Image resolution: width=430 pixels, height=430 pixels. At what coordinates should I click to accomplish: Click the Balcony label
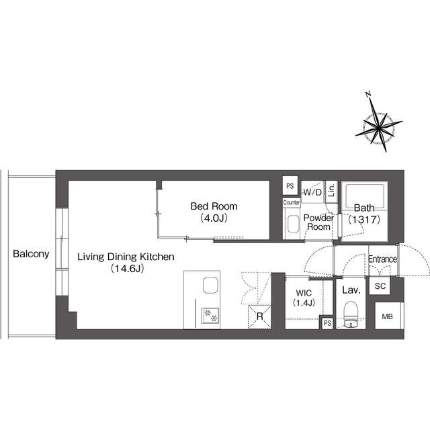click(x=31, y=254)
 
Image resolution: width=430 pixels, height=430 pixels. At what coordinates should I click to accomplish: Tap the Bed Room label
click(x=214, y=206)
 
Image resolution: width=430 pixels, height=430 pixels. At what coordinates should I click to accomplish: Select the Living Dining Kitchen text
click(x=126, y=257)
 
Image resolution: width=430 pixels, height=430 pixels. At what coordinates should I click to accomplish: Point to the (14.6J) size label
click(x=127, y=269)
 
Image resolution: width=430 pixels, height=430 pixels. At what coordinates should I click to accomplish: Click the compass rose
click(x=379, y=128)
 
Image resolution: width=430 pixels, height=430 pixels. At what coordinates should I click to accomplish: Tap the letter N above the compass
click(x=368, y=95)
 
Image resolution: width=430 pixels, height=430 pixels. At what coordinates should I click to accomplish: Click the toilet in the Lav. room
click(x=351, y=314)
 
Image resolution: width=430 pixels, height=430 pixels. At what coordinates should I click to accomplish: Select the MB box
click(x=388, y=316)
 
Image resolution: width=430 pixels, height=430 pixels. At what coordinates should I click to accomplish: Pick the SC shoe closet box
click(x=380, y=286)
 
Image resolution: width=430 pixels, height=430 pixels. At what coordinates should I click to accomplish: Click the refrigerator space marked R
click(x=259, y=316)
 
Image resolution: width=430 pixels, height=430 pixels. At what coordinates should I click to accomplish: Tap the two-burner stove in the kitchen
click(x=210, y=315)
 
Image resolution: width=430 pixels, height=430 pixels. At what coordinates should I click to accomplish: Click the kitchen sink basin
click(x=210, y=285)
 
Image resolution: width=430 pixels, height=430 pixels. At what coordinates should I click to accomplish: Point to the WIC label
click(x=304, y=293)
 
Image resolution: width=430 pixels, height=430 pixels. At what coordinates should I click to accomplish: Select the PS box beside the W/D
click(x=290, y=185)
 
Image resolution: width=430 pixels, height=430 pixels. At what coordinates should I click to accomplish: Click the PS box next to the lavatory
click(x=327, y=323)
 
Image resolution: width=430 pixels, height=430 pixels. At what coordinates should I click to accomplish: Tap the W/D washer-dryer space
click(x=312, y=192)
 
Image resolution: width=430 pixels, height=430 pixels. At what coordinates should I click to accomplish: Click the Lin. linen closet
click(x=331, y=190)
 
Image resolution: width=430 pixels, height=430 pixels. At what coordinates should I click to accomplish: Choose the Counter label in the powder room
click(x=291, y=203)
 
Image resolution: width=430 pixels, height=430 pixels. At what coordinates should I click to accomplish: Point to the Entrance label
click(x=382, y=259)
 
